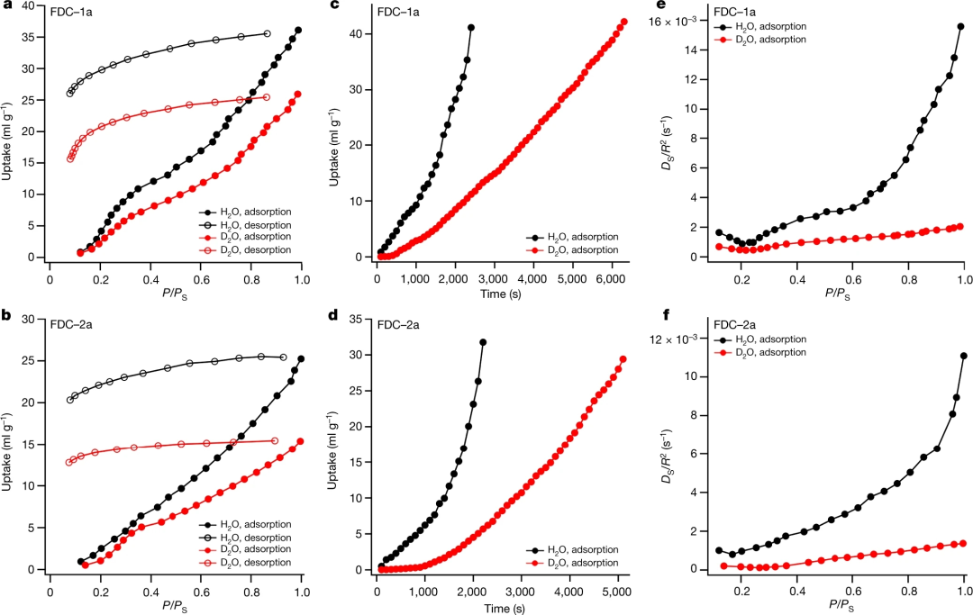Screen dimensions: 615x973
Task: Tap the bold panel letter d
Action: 335,315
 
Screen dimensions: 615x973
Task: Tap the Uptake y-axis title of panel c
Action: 335,136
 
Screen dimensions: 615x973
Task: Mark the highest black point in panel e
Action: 960,27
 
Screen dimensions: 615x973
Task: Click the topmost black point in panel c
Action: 470,28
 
